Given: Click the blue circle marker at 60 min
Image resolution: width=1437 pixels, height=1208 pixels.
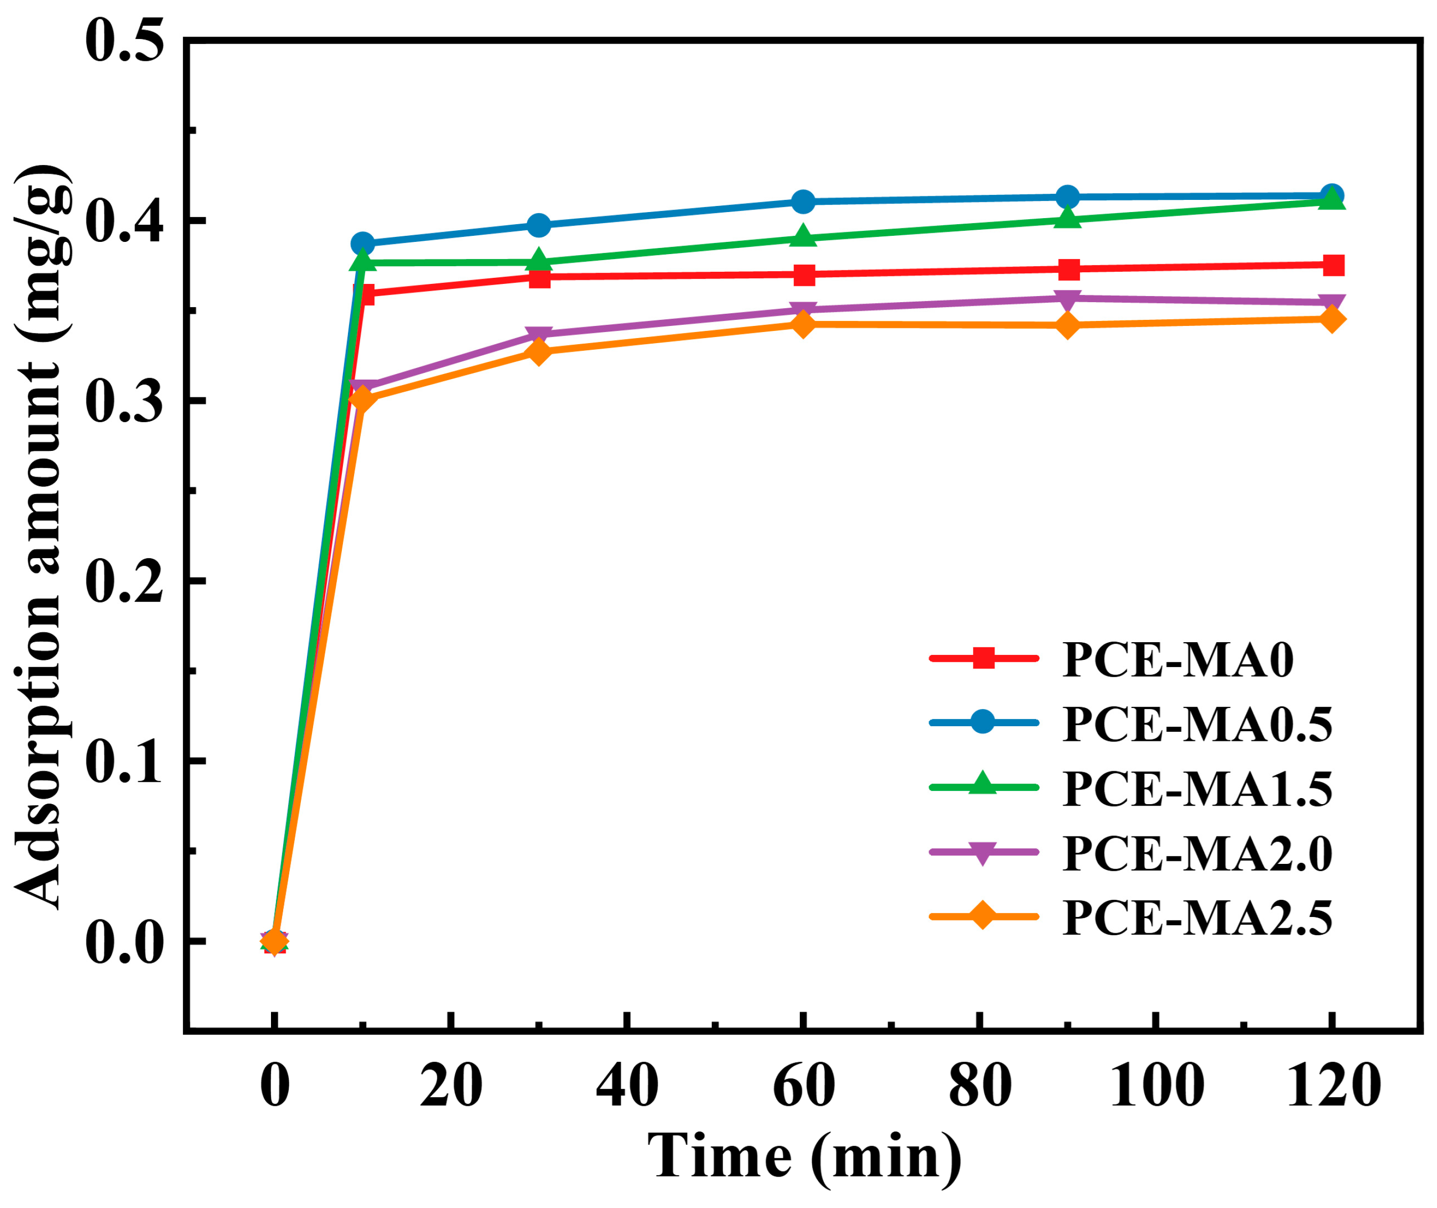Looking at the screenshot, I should [803, 201].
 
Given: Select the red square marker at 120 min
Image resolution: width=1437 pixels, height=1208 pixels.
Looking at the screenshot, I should [1332, 265].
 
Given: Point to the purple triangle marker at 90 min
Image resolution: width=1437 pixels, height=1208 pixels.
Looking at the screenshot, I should [1067, 299].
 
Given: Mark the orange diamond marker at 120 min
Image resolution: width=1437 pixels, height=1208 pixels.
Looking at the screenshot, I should [1332, 319].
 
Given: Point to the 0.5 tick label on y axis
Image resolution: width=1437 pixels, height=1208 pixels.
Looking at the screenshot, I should [125, 41].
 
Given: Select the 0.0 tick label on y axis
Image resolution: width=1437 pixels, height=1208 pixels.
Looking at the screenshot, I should [125, 942].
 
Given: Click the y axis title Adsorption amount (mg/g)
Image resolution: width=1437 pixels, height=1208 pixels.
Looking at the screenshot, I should [43, 537].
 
